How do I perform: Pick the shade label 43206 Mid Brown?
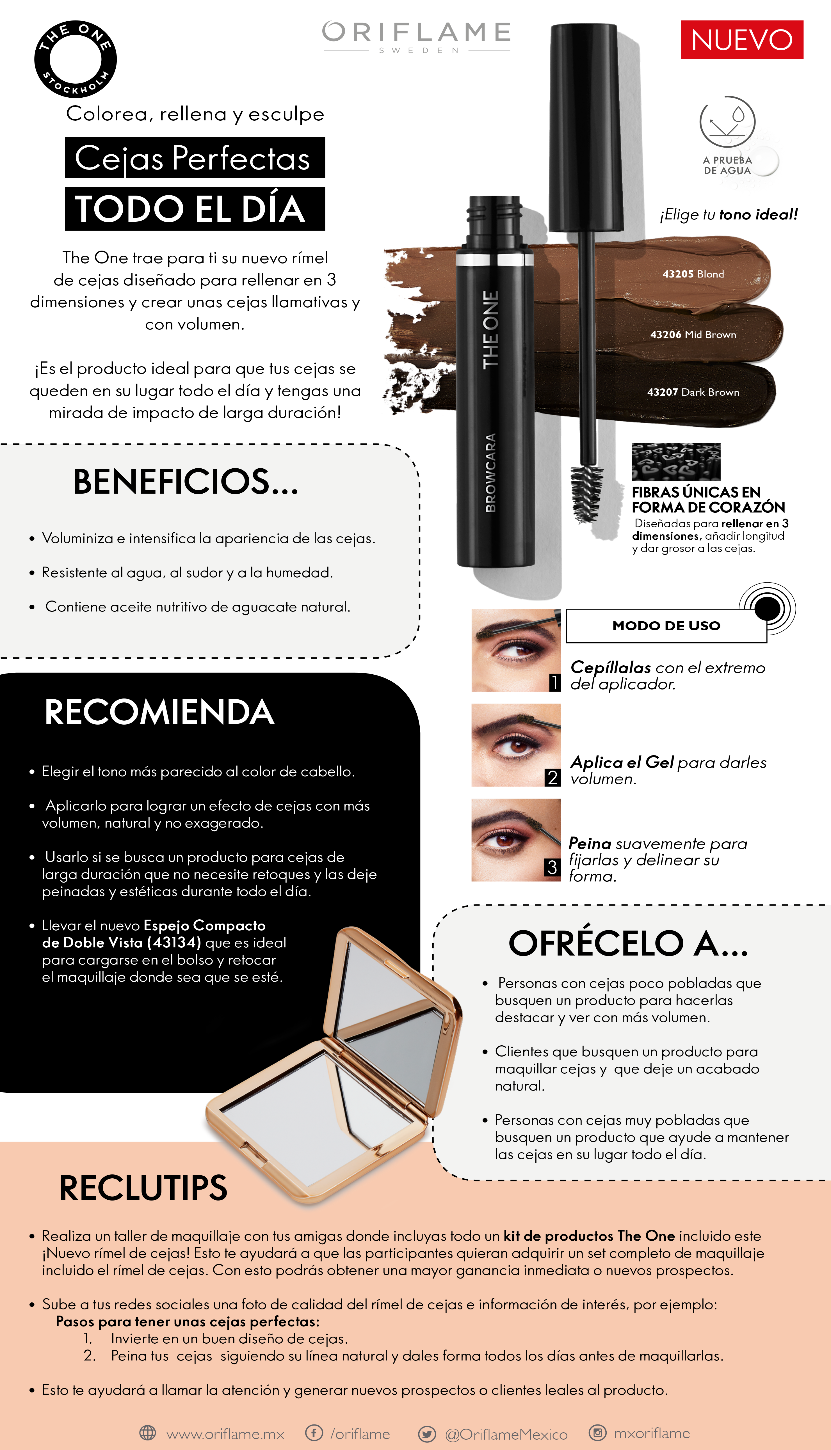(693, 335)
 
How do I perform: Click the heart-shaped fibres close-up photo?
(676, 461)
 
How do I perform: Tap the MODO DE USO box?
(666, 626)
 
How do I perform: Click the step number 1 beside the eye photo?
(554, 683)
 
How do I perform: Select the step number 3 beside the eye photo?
(552, 868)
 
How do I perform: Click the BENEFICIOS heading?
(186, 482)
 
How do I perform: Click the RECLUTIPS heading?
(143, 1188)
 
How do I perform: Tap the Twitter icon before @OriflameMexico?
(427, 1433)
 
